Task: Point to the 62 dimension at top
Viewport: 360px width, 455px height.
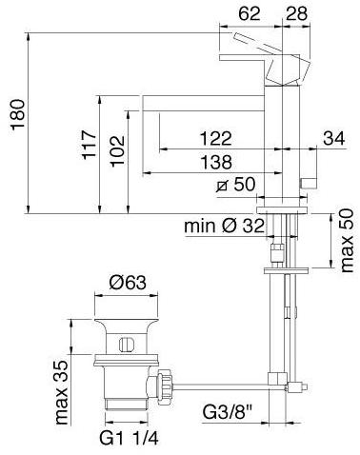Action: coord(250,12)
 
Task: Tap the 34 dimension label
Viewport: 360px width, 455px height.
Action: coord(333,139)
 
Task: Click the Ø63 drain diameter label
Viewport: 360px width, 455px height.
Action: coord(127,282)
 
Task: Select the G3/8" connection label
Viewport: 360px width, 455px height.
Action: coord(231,413)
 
